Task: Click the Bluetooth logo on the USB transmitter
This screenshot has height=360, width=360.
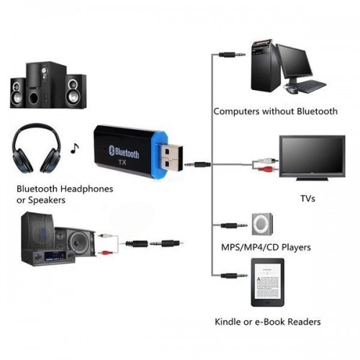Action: [111, 149]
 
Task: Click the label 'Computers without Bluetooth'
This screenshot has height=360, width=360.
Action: [275, 112]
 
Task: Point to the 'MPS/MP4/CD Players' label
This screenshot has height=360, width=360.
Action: [266, 247]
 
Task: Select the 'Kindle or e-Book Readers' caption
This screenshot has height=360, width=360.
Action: [267, 321]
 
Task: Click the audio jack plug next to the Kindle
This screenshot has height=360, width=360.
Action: [230, 274]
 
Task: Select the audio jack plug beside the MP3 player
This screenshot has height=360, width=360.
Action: [230, 225]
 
